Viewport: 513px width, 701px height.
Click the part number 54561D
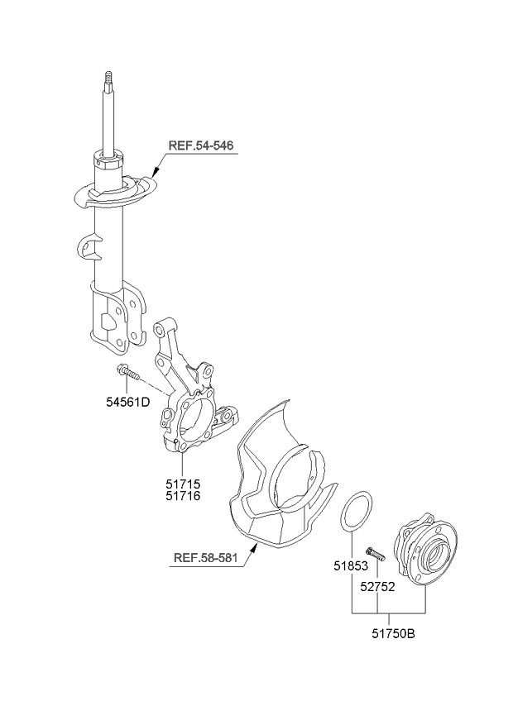pyautogui.click(x=127, y=402)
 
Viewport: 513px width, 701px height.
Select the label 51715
pyautogui.click(x=183, y=484)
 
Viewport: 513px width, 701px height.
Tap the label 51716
pyautogui.click(x=183, y=496)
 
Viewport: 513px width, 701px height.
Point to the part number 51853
pyautogui.click(x=351, y=566)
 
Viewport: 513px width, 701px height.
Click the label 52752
pyautogui.click(x=378, y=587)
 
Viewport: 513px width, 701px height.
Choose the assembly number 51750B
pyautogui.click(x=393, y=633)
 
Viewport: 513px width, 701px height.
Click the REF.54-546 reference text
pyautogui.click(x=201, y=145)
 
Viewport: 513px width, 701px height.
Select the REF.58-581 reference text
pyautogui.click(x=205, y=557)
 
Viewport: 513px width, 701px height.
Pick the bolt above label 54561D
pyautogui.click(x=128, y=372)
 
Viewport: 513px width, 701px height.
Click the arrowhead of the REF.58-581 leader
pyautogui.click(x=254, y=546)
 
